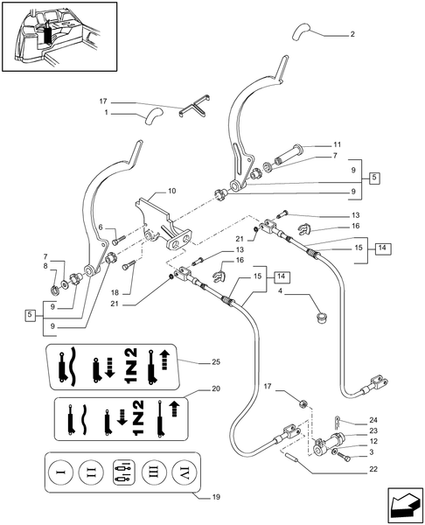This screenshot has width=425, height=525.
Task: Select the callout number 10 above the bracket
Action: tap(171, 190)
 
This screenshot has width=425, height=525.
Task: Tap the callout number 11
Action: tap(338, 143)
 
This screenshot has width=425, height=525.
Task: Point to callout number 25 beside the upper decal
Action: tap(216, 361)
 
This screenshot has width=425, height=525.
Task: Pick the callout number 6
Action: tap(101, 228)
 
